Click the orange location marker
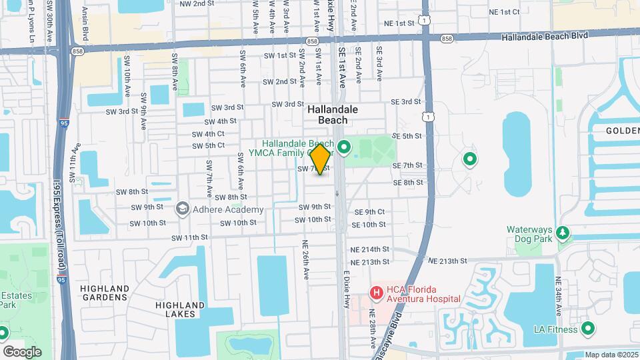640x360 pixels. [321, 159]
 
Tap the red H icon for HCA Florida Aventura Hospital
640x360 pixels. [377, 292]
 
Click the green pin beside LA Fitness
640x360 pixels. [588, 329]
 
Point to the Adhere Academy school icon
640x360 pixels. [181, 209]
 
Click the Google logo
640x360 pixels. [22, 351]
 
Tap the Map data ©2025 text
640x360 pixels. [611, 355]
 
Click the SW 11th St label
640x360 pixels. [190, 237]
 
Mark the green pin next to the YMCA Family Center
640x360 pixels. [345, 147]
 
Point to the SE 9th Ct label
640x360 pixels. [370, 212]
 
